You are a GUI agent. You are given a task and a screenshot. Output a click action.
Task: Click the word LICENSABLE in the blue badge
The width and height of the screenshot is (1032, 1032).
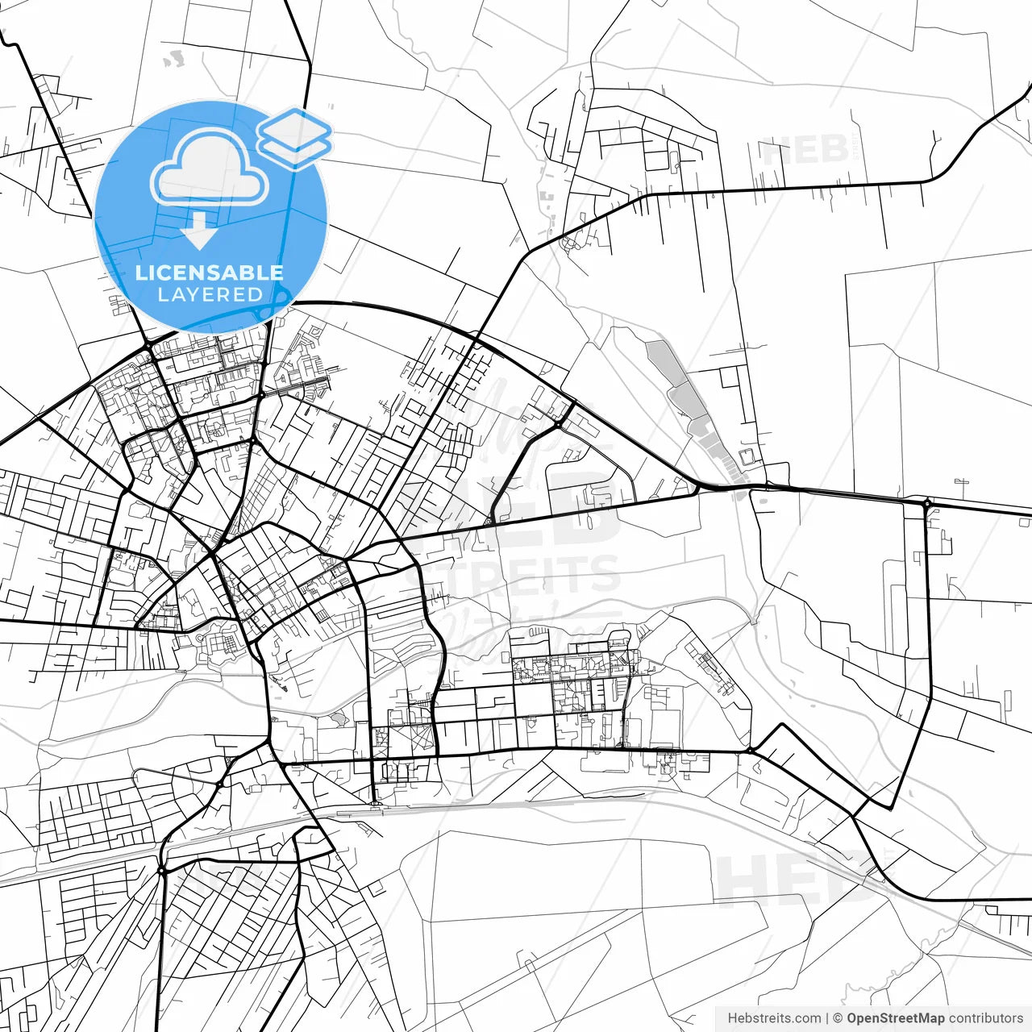coord(210,273)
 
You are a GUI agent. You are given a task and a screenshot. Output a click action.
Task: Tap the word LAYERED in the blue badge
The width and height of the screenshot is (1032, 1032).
coord(210,295)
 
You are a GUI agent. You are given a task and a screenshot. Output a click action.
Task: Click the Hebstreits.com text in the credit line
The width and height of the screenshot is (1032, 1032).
coord(774,1018)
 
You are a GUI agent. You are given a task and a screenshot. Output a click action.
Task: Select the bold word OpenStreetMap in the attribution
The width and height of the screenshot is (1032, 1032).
coord(895,1018)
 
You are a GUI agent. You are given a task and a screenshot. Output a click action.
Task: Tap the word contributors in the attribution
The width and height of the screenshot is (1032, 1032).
coord(985,1018)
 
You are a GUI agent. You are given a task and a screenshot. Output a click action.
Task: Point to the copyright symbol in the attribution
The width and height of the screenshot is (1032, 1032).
coord(837,1018)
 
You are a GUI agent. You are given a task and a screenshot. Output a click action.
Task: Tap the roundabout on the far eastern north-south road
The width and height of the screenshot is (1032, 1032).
coord(927,504)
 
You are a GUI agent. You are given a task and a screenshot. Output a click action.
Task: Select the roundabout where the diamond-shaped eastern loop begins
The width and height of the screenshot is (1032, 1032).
coord(750,751)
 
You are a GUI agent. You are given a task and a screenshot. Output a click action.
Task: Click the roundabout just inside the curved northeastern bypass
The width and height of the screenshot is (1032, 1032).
coord(558,423)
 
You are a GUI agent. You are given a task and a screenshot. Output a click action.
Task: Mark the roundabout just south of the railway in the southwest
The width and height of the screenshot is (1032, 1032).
coord(161,871)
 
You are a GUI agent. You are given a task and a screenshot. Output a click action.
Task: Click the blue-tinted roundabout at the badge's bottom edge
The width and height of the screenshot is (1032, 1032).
coord(278,305)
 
